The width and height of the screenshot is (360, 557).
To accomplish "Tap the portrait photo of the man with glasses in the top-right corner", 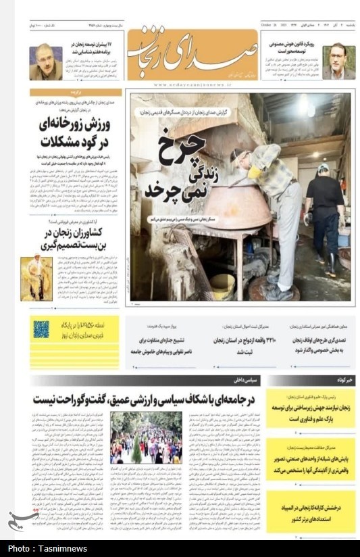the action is [338, 62].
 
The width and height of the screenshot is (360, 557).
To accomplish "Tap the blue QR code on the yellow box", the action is [41, 330].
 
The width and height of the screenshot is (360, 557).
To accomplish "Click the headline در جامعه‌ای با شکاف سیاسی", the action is [147, 399].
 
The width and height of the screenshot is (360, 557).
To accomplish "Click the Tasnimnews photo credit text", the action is [47, 548].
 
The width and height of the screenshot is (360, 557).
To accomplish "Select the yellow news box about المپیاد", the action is [310, 512].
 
